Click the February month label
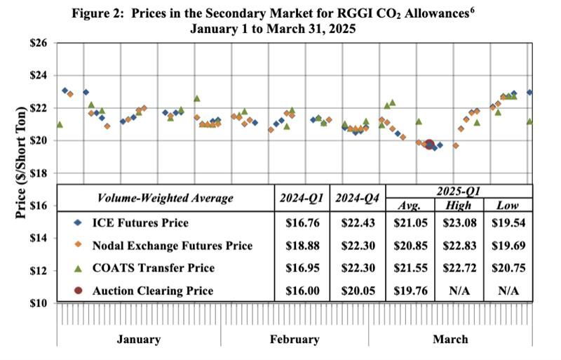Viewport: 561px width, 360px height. click(295, 340)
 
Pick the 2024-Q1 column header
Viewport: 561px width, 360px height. click(301, 198)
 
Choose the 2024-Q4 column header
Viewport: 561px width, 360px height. click(357, 198)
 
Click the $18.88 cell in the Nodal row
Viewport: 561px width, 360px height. click(301, 246)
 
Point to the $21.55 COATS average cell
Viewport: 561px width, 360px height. click(410, 268)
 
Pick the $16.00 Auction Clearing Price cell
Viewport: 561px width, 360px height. click(301, 291)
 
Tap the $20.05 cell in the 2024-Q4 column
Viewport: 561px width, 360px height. click(357, 291)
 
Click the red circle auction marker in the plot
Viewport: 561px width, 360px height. click(429, 145)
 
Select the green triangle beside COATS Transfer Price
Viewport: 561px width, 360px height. click(79, 267)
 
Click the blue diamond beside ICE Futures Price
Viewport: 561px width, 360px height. click(79, 223)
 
